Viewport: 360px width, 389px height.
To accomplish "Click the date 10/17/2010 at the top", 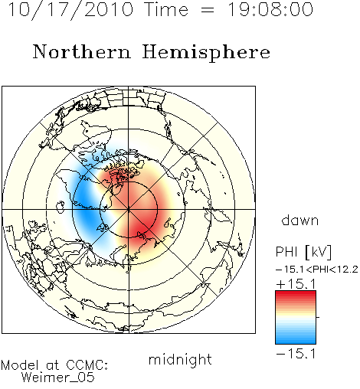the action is [x=70, y=9].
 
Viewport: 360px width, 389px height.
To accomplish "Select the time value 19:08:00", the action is [x=270, y=9].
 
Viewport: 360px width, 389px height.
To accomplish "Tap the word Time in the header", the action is [x=166, y=9].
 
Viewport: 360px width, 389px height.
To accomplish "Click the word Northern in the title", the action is [x=82, y=51].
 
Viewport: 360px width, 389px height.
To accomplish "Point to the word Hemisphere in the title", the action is [x=206, y=53].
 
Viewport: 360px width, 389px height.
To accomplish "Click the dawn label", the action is [x=300, y=220].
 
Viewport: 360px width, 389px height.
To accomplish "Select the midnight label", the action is [x=180, y=359].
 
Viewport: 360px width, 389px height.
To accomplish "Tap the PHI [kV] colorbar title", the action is [x=303, y=252].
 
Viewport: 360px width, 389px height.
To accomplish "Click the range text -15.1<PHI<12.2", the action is [x=317, y=270].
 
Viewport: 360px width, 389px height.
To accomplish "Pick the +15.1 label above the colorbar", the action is [x=296, y=284].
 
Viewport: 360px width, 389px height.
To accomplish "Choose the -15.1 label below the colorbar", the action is [x=296, y=354].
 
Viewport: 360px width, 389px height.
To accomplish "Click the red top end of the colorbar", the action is [x=296, y=293].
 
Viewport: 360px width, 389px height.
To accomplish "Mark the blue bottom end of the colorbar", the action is [x=296, y=342].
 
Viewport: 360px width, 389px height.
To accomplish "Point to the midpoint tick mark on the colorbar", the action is [x=318, y=317].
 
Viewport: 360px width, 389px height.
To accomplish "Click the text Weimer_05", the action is [x=58, y=377].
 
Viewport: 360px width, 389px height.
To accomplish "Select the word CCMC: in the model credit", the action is [x=87, y=365].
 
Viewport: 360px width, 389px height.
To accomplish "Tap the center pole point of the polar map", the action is [x=129, y=210].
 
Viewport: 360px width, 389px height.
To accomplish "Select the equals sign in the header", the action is [x=208, y=10].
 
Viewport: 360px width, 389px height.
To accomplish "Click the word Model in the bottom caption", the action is [x=20, y=365].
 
